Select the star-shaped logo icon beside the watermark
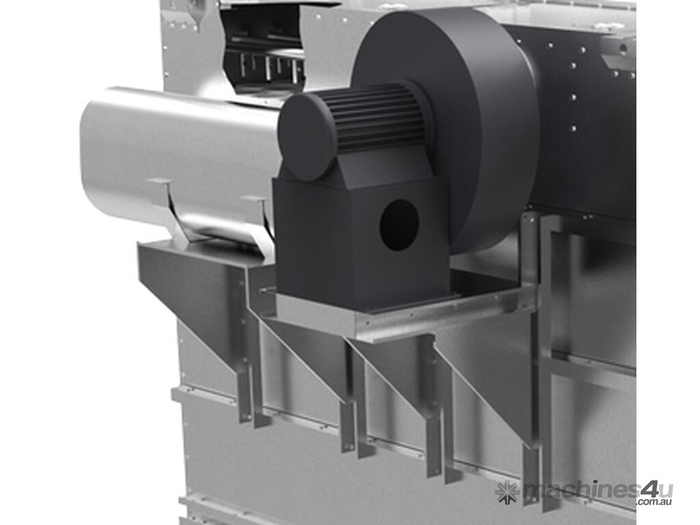point(507,492)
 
